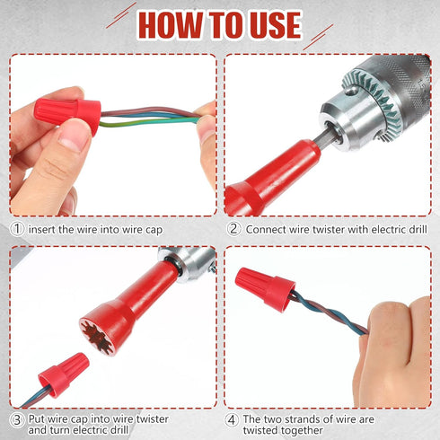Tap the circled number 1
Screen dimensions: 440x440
[x=17, y=229]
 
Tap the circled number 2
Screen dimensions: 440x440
[x=233, y=229]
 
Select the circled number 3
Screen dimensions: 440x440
[x=17, y=418]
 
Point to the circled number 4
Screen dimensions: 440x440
[x=233, y=418]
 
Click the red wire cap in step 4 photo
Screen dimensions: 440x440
[x=265, y=289]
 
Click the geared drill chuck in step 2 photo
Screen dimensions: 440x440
[x=377, y=99]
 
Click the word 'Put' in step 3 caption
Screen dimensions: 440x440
[x=38, y=418]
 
